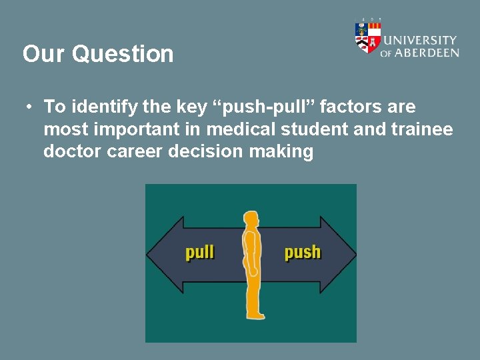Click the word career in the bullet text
click(133, 152)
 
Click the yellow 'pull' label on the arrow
click(199, 253)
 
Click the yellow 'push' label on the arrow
click(302, 253)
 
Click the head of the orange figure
click(251, 219)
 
